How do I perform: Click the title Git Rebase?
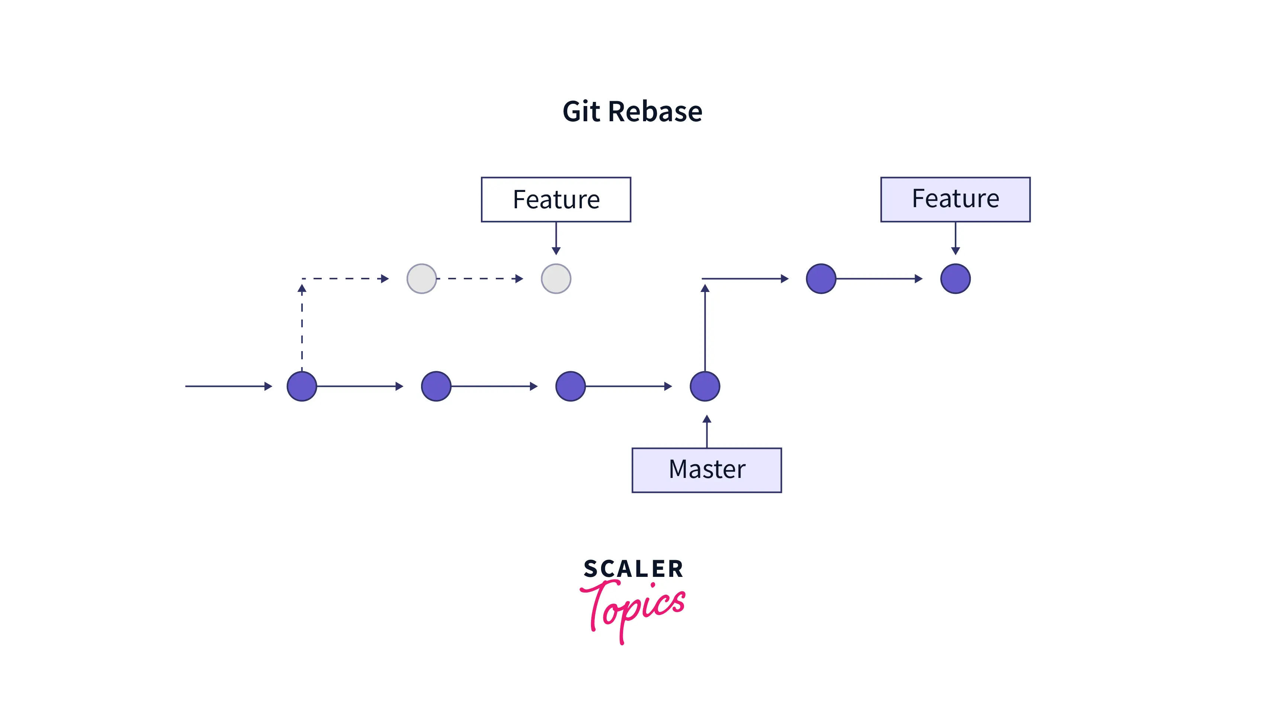click(632, 112)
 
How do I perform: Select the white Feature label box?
click(556, 199)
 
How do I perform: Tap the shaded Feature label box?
click(955, 199)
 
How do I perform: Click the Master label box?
click(707, 470)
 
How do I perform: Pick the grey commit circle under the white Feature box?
click(556, 279)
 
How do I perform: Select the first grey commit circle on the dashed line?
click(421, 279)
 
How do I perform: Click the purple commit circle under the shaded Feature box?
click(955, 279)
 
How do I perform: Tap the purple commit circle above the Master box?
click(705, 386)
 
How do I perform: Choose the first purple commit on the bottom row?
click(302, 386)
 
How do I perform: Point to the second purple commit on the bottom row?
click(436, 386)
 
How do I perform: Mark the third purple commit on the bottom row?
click(570, 386)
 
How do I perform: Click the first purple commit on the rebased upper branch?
click(821, 279)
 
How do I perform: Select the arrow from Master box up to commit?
click(707, 431)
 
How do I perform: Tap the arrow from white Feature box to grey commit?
click(556, 238)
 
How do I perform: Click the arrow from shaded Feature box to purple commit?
click(955, 238)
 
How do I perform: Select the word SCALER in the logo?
click(633, 569)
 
